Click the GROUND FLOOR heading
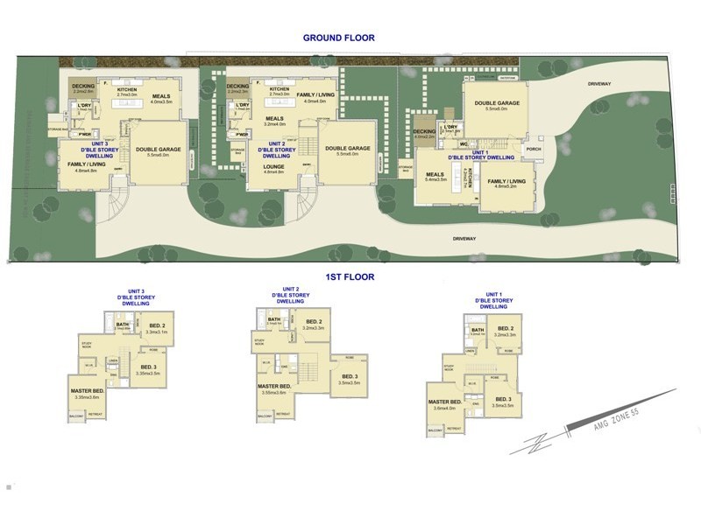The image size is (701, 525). [338, 38]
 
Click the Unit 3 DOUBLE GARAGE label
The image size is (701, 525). [158, 151]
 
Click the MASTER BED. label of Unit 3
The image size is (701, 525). [88, 390]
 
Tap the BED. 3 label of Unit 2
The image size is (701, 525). [349, 377]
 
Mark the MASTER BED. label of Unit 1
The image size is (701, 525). [445, 402]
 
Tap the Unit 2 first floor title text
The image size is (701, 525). [291, 295]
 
